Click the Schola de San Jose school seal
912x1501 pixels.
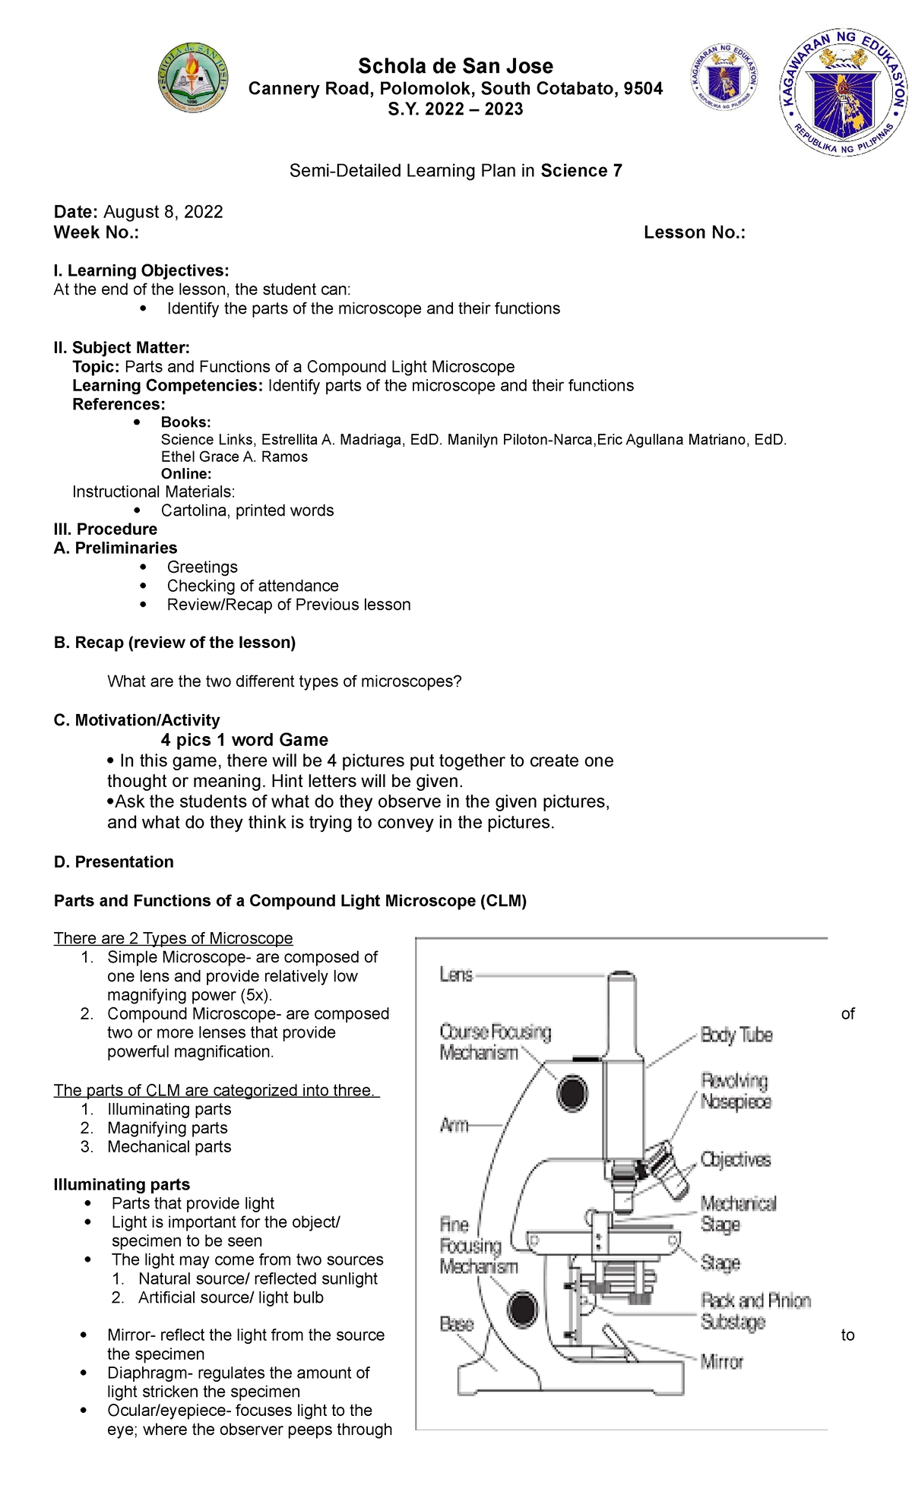pyautogui.click(x=192, y=78)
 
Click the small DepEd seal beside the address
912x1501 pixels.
pyautogui.click(x=724, y=78)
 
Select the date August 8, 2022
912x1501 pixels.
pyautogui.click(x=163, y=212)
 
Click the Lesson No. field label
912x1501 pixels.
pyautogui.click(x=694, y=232)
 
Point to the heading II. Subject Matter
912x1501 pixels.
pyautogui.click(x=122, y=348)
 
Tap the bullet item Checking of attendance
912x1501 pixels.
pyautogui.click(x=252, y=586)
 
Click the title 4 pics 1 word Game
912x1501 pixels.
pyautogui.click(x=244, y=740)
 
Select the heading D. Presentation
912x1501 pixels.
pyautogui.click(x=113, y=861)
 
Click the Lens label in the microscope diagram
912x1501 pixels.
pyautogui.click(x=456, y=975)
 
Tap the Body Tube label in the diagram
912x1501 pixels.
pyautogui.click(x=736, y=1035)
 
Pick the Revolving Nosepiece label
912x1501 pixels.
pyautogui.click(x=735, y=1092)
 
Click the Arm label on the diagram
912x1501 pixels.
pyautogui.click(x=454, y=1125)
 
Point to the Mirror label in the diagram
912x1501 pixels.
pyautogui.click(x=721, y=1362)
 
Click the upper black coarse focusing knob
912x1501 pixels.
pyautogui.click(x=572, y=1093)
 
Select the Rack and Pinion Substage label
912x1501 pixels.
pyautogui.click(x=755, y=1311)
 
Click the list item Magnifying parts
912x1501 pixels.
pyautogui.click(x=167, y=1128)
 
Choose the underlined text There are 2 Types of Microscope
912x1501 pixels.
pyautogui.click(x=173, y=938)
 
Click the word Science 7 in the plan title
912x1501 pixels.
pyautogui.click(x=581, y=171)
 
